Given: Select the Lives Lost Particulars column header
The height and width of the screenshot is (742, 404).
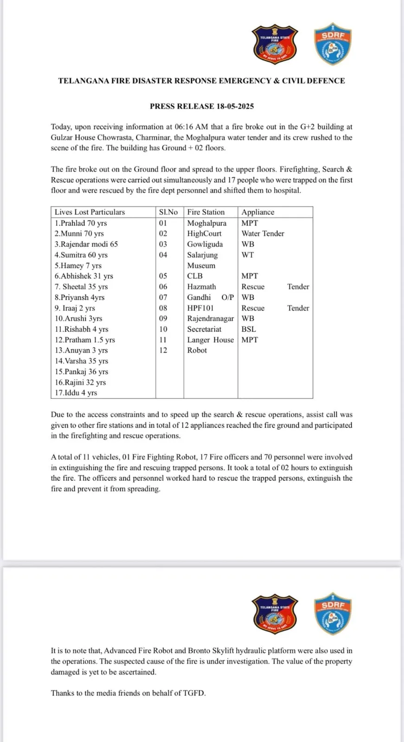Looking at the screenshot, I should coord(90,212).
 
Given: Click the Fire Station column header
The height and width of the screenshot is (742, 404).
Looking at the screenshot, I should coord(206,212).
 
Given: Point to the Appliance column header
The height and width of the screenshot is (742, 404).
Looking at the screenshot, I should coord(258,212).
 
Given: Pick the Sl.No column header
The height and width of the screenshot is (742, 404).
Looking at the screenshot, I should coord(168,212).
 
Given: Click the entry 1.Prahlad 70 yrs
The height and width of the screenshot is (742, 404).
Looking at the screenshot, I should coord(81,223).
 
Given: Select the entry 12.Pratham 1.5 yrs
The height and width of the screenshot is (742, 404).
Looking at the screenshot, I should coord(85,340).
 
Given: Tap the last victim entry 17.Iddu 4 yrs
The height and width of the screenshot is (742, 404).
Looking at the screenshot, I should coord(76,393).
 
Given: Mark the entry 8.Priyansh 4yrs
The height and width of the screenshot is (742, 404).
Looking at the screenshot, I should coord(79,297).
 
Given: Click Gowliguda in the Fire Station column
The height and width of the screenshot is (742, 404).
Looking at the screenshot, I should coord(205,244).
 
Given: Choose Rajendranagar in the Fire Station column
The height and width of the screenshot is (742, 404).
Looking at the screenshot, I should coord(211,319).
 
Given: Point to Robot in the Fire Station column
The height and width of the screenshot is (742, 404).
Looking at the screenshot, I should coord(197,350).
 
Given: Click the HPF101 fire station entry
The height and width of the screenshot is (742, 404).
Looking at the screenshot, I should coord(200,308).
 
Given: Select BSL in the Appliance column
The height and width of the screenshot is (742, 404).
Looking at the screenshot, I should coord(249,329).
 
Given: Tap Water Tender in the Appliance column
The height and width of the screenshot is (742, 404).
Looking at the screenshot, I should coord(263,234).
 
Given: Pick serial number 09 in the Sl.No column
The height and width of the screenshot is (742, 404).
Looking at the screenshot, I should coord(163,319).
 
